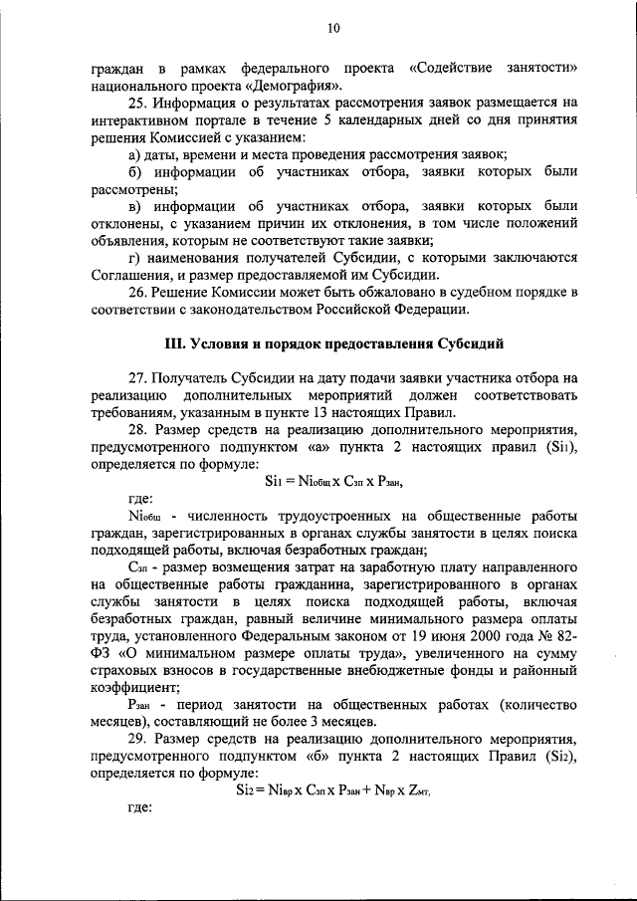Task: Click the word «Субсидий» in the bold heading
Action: (x=469, y=344)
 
